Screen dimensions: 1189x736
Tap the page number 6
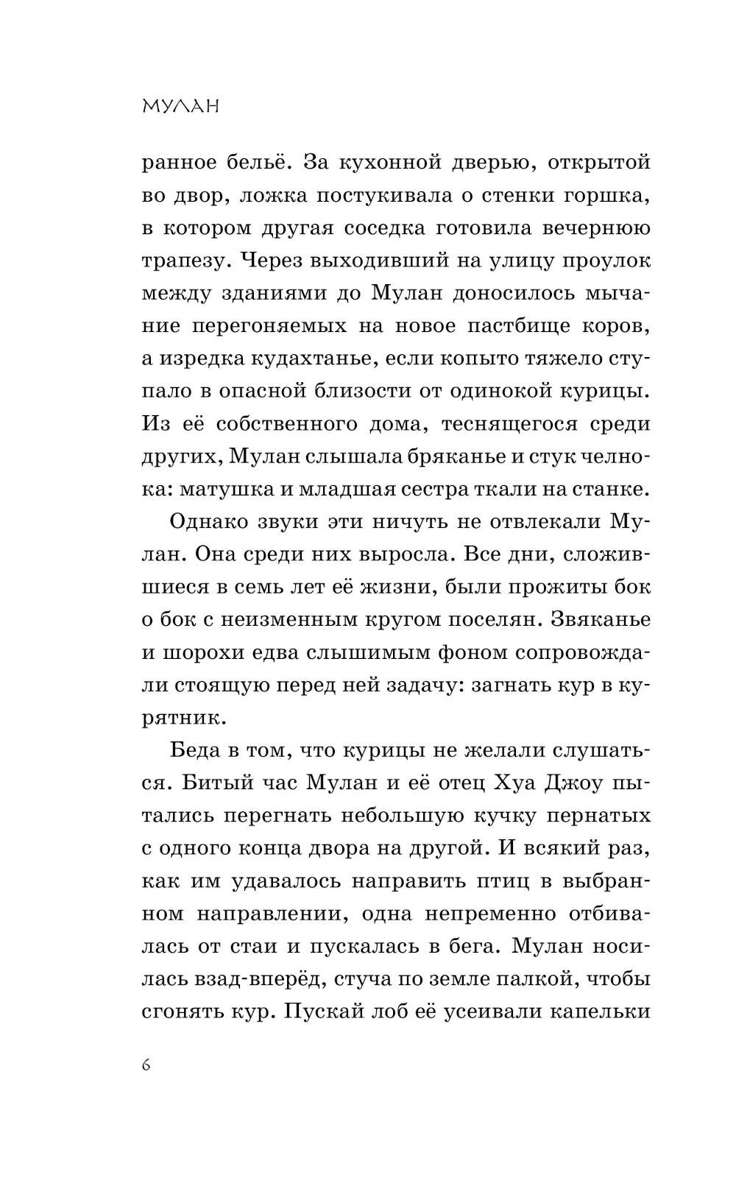pyautogui.click(x=146, y=1065)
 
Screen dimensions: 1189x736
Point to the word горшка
pyautogui.click(x=609, y=195)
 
